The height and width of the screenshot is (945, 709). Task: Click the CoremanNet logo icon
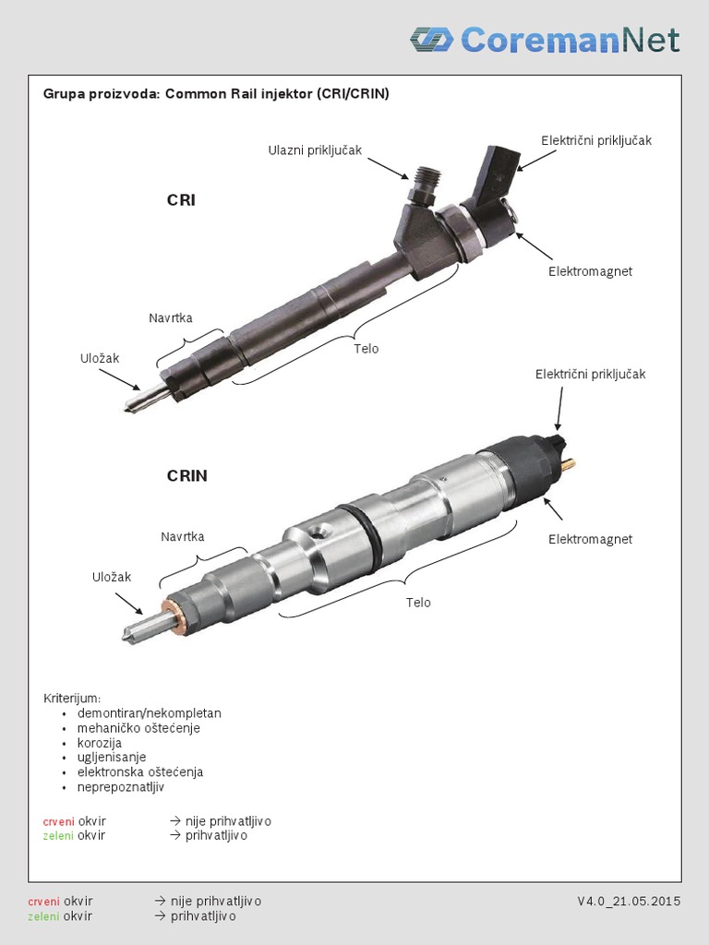(431, 39)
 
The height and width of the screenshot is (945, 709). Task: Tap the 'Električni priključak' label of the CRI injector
(595, 139)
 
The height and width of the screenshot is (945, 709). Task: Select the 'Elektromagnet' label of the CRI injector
(590, 271)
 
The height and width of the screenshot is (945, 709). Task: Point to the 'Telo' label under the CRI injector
(366, 349)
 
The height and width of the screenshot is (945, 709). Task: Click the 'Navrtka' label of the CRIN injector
(182, 535)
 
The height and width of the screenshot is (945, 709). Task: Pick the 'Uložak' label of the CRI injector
(100, 357)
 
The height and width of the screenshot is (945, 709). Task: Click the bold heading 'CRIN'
(186, 476)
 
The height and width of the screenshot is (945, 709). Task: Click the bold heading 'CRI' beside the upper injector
(181, 200)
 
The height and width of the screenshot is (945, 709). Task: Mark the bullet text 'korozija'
(101, 742)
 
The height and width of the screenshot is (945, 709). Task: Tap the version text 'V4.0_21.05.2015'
(629, 901)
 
